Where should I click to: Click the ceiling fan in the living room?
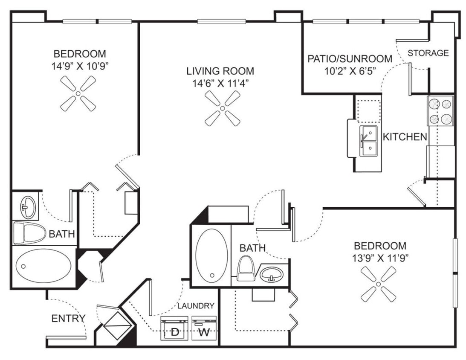(x=223, y=108)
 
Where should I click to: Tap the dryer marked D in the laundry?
(x=174, y=328)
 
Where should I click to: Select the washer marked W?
(x=205, y=328)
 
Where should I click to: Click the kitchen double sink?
(x=368, y=141)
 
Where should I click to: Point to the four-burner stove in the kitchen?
(x=440, y=111)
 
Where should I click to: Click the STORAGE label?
(x=428, y=53)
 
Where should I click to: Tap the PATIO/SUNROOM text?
(x=350, y=58)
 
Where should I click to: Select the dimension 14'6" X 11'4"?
(x=220, y=83)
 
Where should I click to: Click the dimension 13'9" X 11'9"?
(x=380, y=258)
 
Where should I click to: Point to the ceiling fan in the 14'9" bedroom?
(x=78, y=93)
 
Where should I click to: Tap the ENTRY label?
(x=68, y=318)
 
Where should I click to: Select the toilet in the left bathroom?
(x=29, y=233)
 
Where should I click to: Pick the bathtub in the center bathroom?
(x=211, y=255)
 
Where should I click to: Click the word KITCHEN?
(x=404, y=137)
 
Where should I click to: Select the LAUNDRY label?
(x=196, y=306)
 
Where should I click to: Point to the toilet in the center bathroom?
(x=245, y=269)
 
